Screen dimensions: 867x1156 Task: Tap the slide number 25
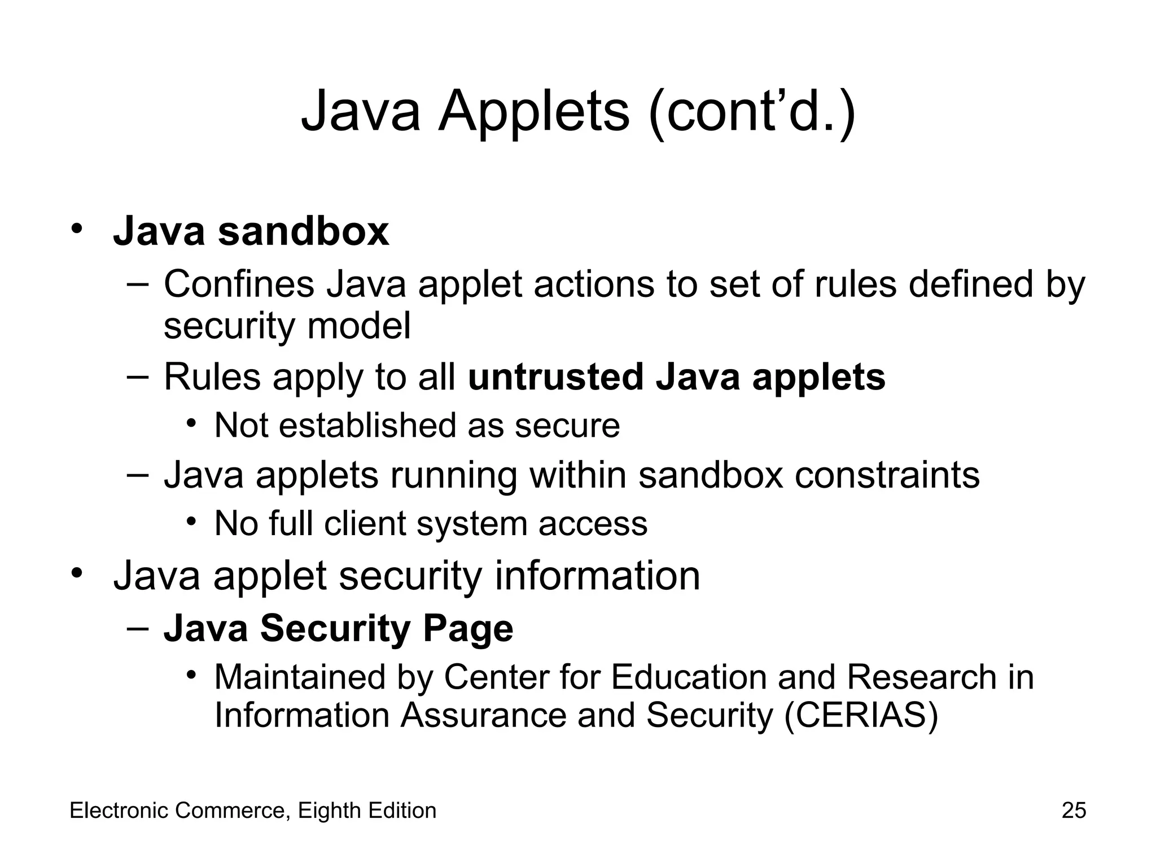pos(1074,811)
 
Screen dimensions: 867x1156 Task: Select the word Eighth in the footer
pos(329,811)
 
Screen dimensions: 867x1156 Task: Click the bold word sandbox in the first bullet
pos(303,231)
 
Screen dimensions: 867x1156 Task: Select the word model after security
pos(359,326)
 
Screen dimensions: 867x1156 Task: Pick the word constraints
pos(887,475)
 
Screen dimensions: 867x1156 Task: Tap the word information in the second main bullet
pos(597,576)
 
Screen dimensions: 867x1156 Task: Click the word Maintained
pos(300,677)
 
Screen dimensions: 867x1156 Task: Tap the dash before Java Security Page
pos(138,628)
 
